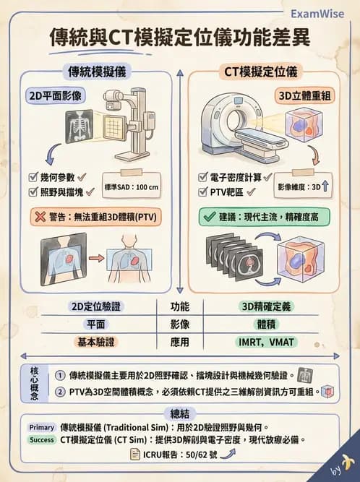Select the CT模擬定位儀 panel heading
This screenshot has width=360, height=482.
(x=260, y=72)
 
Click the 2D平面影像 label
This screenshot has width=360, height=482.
(x=55, y=95)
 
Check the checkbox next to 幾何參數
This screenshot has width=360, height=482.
(x=33, y=177)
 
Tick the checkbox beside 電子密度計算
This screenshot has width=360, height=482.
(x=203, y=177)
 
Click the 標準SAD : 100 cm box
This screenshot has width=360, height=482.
(x=132, y=186)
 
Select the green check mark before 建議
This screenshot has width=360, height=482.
(x=207, y=215)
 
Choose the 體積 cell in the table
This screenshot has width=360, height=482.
(x=265, y=324)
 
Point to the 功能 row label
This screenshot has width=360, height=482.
(x=180, y=306)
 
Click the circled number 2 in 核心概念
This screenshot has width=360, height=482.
(x=59, y=392)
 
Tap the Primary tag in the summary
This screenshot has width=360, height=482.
(x=42, y=426)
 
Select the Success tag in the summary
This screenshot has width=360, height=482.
(x=42, y=439)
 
